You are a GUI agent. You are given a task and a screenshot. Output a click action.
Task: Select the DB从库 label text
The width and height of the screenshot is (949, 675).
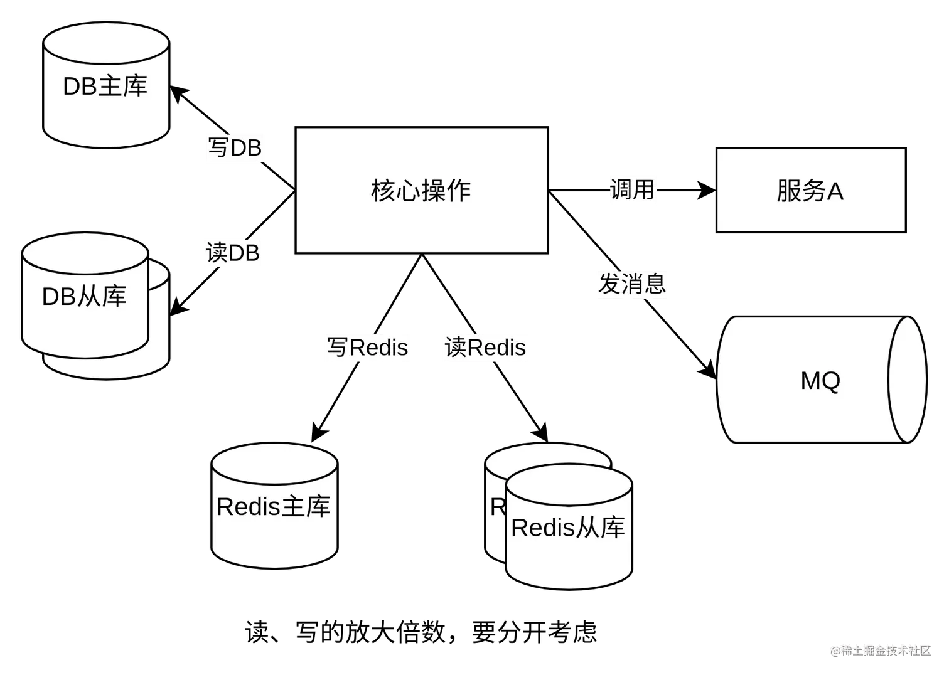(84, 296)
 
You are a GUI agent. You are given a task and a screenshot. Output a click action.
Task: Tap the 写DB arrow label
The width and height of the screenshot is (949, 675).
(233, 148)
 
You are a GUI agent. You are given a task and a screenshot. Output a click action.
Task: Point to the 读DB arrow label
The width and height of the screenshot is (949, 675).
(233, 253)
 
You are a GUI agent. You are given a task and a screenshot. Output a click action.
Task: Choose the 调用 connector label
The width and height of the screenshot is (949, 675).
(633, 188)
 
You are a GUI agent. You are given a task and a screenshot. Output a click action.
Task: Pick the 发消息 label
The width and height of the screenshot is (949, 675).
(632, 284)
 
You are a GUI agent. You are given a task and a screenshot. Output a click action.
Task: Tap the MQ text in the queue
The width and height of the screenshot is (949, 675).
(820, 380)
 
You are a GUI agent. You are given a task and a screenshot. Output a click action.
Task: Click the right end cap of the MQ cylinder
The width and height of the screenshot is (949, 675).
(908, 380)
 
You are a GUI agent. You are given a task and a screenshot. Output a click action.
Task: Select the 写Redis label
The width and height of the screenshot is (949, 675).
(367, 348)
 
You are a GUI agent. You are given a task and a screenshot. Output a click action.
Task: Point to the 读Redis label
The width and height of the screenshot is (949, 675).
(486, 348)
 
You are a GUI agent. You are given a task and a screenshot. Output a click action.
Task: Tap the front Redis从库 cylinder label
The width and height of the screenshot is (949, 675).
(568, 528)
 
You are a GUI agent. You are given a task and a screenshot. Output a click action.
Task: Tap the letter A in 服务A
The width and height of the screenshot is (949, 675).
(835, 191)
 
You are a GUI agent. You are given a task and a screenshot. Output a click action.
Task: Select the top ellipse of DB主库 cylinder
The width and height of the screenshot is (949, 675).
(105, 44)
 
